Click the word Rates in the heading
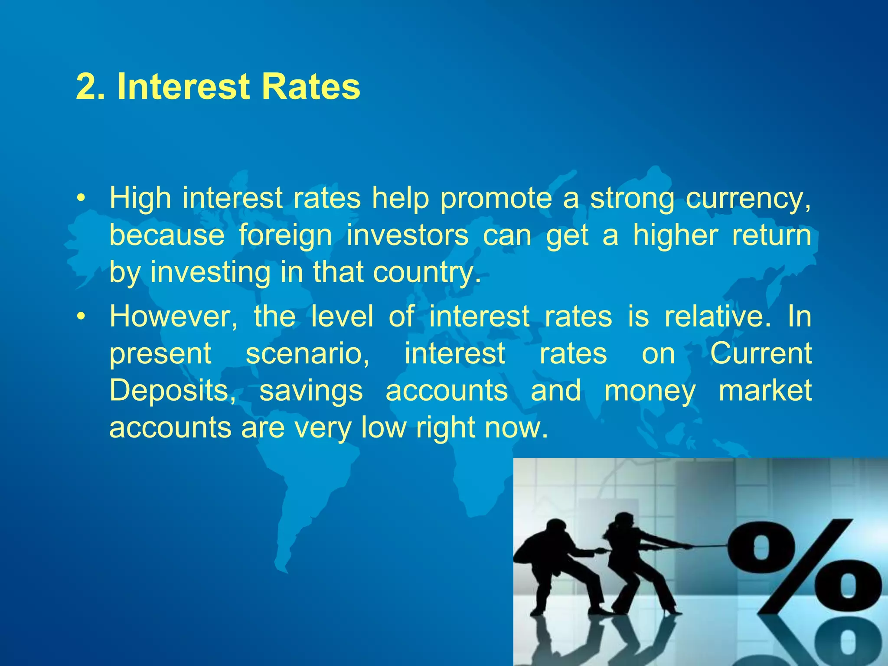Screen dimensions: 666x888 pos(310,87)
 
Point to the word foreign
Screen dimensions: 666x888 pos(285,236)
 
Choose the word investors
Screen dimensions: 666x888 pos(407,236)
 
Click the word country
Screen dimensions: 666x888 pos(427,273)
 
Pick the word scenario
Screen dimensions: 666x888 pos(307,354)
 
